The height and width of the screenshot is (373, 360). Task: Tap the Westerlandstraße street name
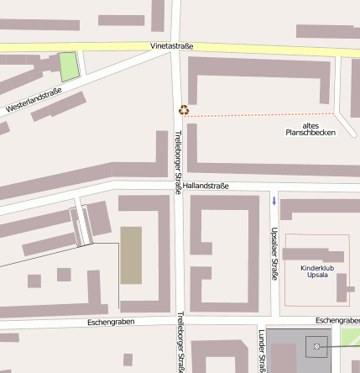[34, 101]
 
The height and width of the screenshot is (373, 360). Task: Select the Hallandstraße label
[206, 186]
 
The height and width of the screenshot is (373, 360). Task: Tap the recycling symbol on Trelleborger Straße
[184, 109]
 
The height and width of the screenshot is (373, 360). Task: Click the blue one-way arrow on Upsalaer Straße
[274, 200]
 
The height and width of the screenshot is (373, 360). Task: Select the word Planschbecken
[310, 132]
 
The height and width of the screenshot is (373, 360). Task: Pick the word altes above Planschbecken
[311, 124]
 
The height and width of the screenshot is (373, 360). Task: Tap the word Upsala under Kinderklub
[317, 275]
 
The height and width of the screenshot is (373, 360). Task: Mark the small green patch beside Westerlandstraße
[69, 66]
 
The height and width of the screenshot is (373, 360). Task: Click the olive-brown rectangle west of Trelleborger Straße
[131, 255]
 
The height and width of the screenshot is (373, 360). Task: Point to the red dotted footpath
[260, 115]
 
